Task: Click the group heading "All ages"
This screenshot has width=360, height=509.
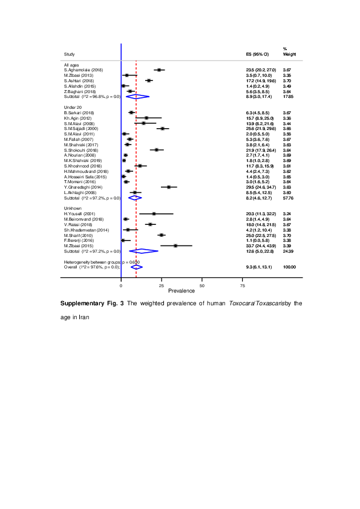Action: point(71,64)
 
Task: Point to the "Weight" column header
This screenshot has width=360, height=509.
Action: point(289,54)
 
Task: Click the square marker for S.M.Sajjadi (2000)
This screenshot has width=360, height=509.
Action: point(162,128)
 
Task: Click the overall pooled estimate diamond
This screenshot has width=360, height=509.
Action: point(136,267)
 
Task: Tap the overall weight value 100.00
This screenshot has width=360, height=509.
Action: point(289,267)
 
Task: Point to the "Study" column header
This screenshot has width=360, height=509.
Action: point(69,54)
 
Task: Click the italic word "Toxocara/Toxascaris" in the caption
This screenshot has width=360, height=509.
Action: point(251,302)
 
